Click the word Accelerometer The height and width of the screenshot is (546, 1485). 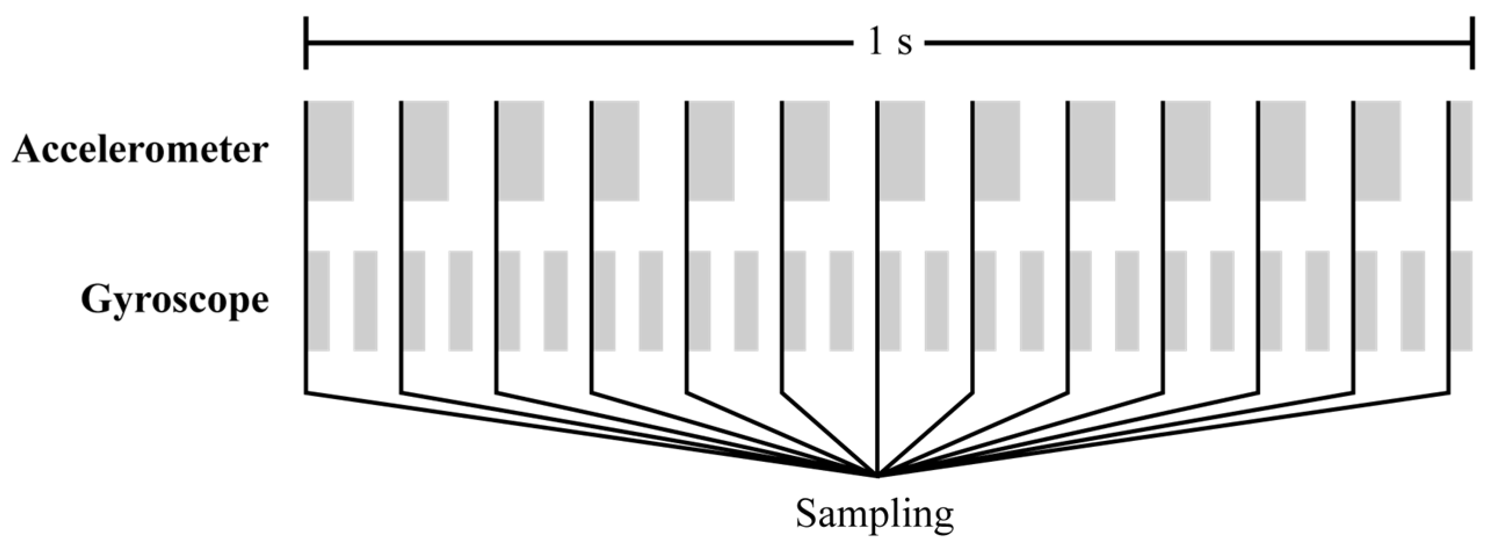click(140, 151)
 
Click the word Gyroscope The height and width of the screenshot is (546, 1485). click(175, 301)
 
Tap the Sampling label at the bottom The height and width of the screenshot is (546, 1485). click(875, 514)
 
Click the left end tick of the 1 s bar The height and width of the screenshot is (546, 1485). click(306, 44)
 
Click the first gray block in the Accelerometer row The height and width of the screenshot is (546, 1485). click(330, 151)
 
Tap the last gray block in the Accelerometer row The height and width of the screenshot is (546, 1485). click(1462, 151)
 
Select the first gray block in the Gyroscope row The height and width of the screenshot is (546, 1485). click(318, 301)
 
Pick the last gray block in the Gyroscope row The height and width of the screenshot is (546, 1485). click(1462, 301)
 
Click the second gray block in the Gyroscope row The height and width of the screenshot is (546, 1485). click(365, 301)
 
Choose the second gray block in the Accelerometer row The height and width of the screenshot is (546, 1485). click(426, 151)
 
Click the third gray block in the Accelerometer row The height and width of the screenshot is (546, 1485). click(521, 151)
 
